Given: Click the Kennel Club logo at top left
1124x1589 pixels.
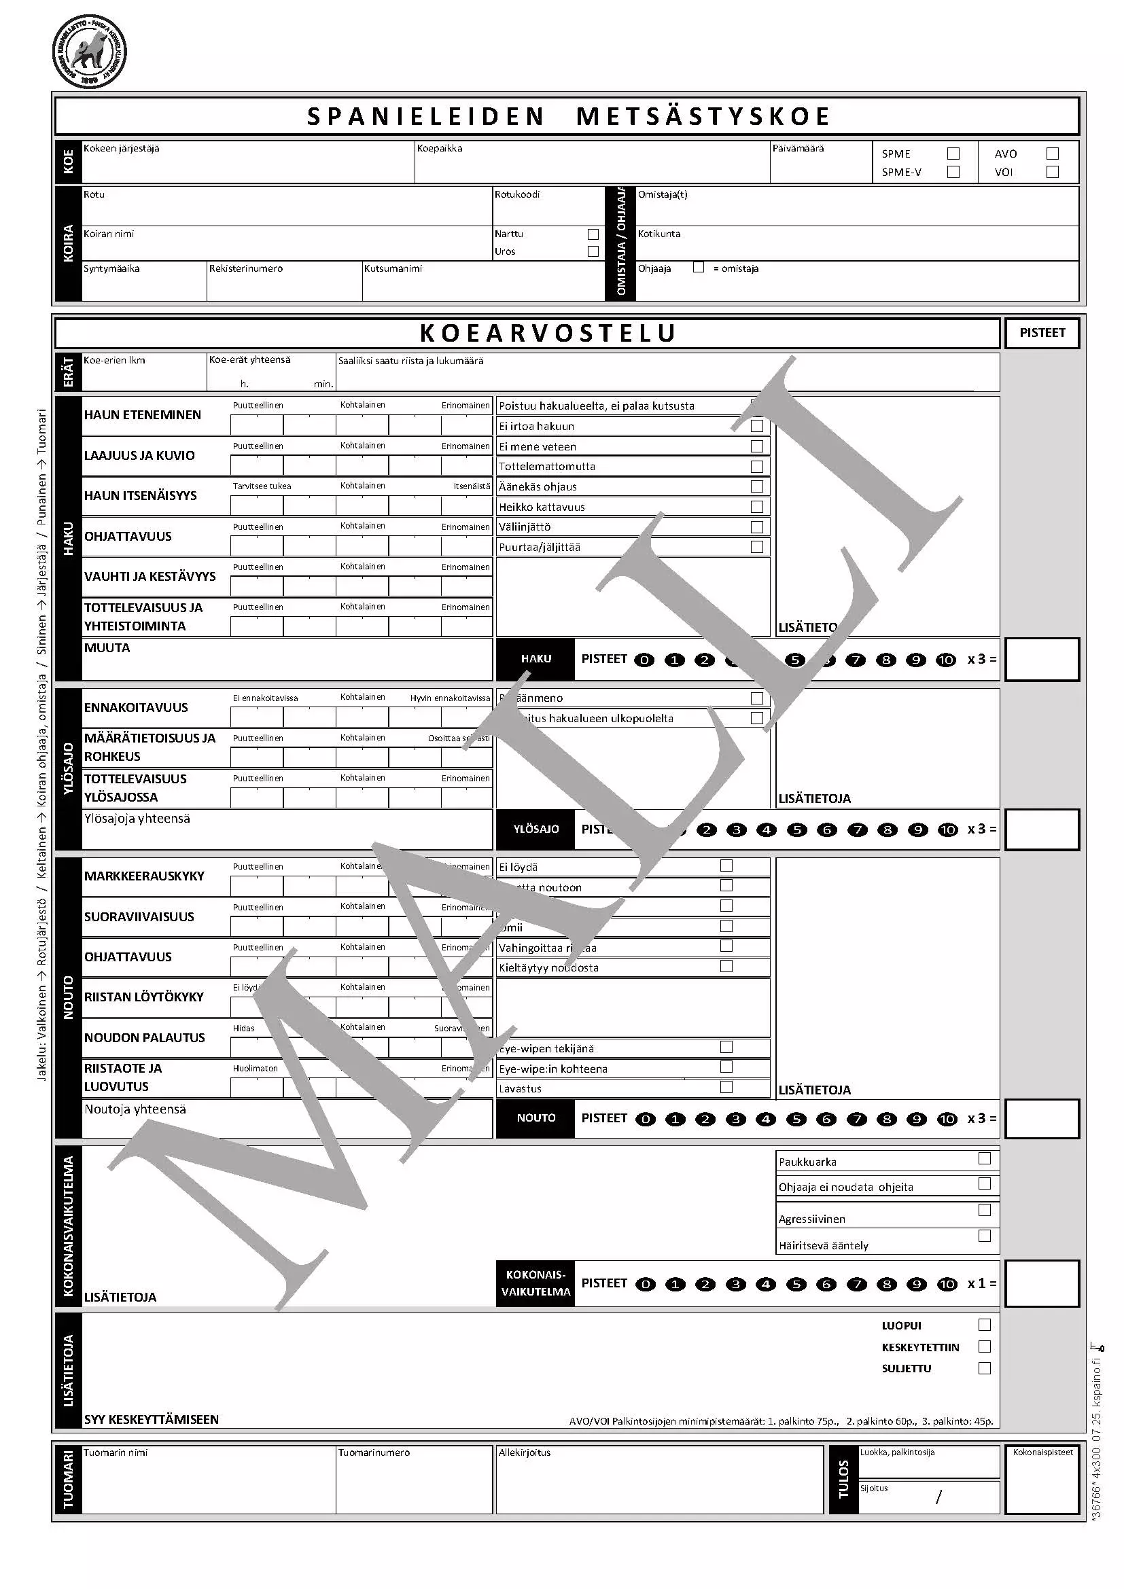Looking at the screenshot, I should [90, 52].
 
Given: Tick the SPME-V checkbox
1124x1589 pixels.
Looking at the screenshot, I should [953, 172].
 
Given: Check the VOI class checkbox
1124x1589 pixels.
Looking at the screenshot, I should [1053, 172].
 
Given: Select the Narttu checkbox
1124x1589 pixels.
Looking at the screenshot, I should [593, 234].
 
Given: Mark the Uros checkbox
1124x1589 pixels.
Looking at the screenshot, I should [593, 251].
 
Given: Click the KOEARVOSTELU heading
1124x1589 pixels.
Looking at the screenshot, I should [548, 333].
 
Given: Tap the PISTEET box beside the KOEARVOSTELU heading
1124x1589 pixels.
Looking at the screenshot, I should [1042, 333].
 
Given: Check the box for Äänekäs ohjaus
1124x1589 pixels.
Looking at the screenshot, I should [757, 486].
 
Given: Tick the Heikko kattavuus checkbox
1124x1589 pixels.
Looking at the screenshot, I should [757, 507].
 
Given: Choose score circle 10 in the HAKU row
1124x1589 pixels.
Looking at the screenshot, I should [945, 660].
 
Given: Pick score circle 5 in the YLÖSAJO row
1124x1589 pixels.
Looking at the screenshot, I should [796, 829].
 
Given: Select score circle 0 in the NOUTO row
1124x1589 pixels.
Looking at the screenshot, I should [645, 1119].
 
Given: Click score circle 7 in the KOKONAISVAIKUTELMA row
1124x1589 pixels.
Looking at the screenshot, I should [857, 1285].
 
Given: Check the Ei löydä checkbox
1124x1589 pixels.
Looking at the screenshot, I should [726, 865].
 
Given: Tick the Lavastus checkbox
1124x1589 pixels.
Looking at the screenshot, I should [726, 1087].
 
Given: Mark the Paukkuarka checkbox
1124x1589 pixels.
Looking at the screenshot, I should [984, 1158].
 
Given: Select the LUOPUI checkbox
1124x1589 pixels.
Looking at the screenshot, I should [984, 1325].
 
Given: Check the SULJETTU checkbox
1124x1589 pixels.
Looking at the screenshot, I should [984, 1368].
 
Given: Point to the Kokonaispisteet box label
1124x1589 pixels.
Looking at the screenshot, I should [1042, 1452].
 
